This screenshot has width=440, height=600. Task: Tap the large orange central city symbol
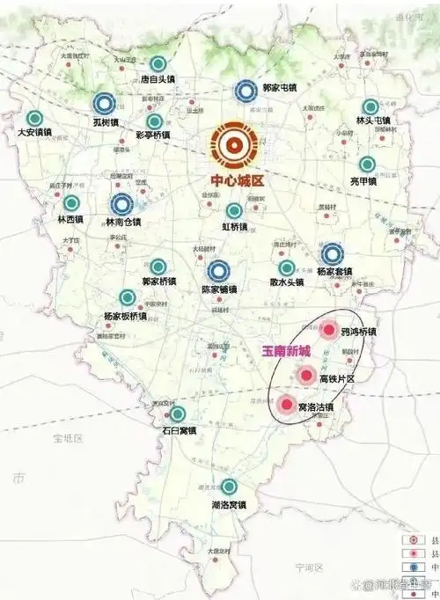point(233,146)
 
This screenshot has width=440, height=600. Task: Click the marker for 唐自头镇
point(158,63)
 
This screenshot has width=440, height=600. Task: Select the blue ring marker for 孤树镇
point(106,104)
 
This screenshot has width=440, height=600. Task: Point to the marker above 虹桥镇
point(234,211)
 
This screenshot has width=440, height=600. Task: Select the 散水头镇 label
point(287,282)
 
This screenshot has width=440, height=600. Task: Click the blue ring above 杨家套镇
point(333,253)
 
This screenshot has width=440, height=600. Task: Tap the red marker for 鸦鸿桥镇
point(328,331)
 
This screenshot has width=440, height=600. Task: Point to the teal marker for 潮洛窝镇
point(229,487)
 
